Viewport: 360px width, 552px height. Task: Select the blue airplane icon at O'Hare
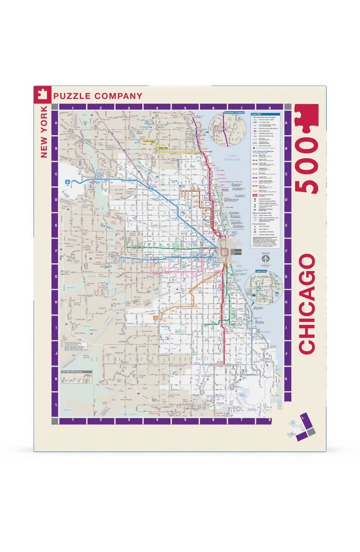pyautogui.click(x=68, y=182)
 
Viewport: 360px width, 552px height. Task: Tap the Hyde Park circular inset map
pyautogui.click(x=264, y=288)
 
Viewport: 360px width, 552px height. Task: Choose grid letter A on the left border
pyautogui.click(x=55, y=124)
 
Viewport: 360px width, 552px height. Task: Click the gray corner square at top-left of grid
pyautogui.click(x=55, y=107)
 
